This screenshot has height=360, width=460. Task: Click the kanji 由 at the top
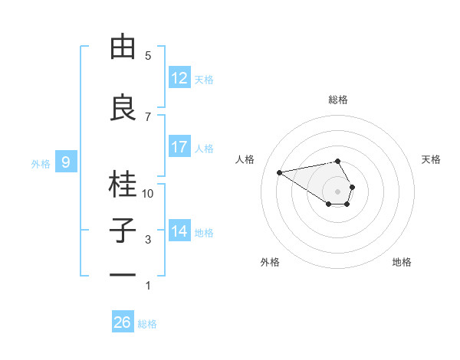coord(123,47)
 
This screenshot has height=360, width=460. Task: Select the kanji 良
coord(123,108)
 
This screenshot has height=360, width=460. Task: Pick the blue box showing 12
coord(179,78)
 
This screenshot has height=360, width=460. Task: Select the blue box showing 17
coord(179,147)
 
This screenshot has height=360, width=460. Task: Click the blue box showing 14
coord(179,231)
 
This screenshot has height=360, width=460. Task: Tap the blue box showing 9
coord(66,162)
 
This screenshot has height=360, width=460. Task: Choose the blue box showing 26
coord(123,322)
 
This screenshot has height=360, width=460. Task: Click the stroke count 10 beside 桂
coord(148,194)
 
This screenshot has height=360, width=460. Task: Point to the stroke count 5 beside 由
coord(148,56)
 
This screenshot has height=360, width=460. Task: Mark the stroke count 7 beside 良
coord(148,116)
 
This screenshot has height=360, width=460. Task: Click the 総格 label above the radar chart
coord(338,100)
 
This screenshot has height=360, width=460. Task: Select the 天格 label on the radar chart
coord(432,159)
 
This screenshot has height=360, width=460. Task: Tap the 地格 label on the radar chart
coord(402,262)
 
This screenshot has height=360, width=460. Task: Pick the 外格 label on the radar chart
coord(270,262)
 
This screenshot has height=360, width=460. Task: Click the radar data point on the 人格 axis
coord(279,172)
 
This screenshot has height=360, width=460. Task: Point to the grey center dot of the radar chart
coord(337,191)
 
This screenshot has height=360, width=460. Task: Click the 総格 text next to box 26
coord(147,324)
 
